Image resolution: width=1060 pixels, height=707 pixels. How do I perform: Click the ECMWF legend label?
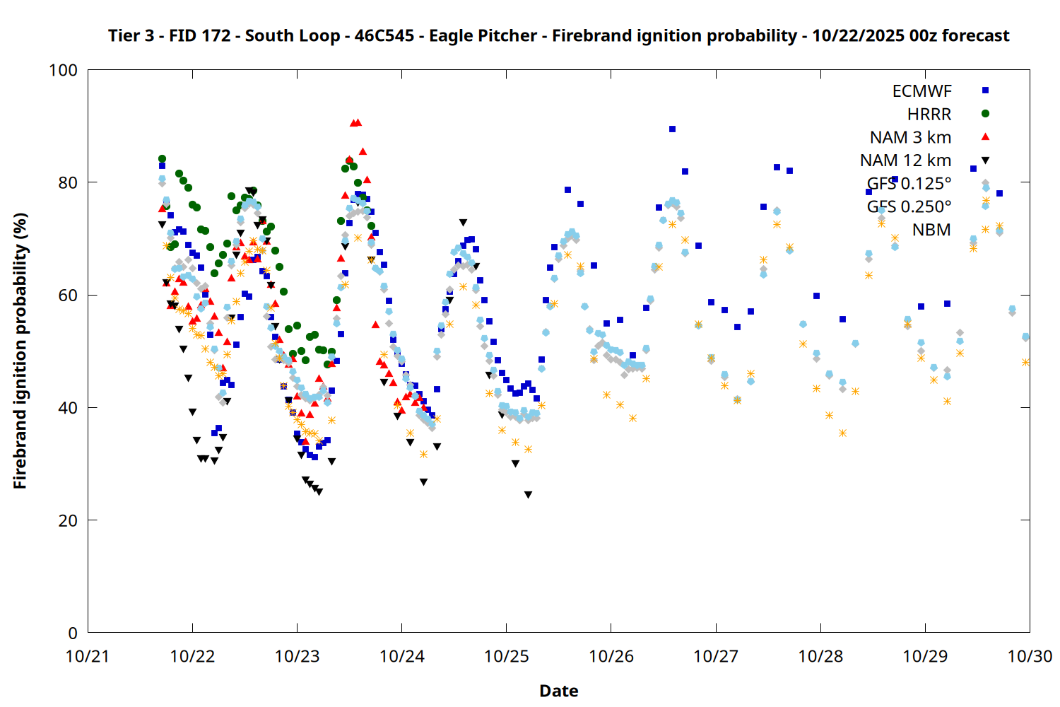tap(921, 91)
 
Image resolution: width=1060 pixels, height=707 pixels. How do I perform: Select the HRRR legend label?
tap(929, 115)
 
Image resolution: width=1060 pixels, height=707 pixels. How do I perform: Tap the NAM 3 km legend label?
tap(910, 137)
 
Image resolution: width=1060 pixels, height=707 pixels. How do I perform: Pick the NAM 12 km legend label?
tap(905, 160)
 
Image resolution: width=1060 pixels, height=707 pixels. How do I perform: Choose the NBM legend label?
tap(931, 230)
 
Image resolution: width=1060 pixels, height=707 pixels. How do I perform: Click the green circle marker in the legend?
tap(986, 114)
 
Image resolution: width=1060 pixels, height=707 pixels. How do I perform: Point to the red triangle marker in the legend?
tap(986, 136)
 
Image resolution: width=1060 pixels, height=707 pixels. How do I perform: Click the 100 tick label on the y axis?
tap(63, 70)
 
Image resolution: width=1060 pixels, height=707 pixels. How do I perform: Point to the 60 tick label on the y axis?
tap(68, 295)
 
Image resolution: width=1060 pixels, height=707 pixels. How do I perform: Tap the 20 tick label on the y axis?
tap(68, 520)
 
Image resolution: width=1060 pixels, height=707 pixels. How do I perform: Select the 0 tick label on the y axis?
tap(72, 633)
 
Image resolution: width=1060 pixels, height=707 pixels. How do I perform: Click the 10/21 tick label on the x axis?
tap(88, 656)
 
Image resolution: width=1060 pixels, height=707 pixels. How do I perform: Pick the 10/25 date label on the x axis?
tap(506, 656)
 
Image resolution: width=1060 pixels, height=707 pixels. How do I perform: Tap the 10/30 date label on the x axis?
tap(1030, 656)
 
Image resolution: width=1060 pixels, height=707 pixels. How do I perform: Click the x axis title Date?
tap(558, 691)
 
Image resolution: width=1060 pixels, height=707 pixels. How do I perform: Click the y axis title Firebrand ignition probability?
tap(20, 351)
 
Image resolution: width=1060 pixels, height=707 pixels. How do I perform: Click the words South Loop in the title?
tap(292, 35)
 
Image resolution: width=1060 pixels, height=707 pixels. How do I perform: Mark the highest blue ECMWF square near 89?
tap(672, 129)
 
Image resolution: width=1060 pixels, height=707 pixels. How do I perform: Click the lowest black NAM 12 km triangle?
tap(528, 495)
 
